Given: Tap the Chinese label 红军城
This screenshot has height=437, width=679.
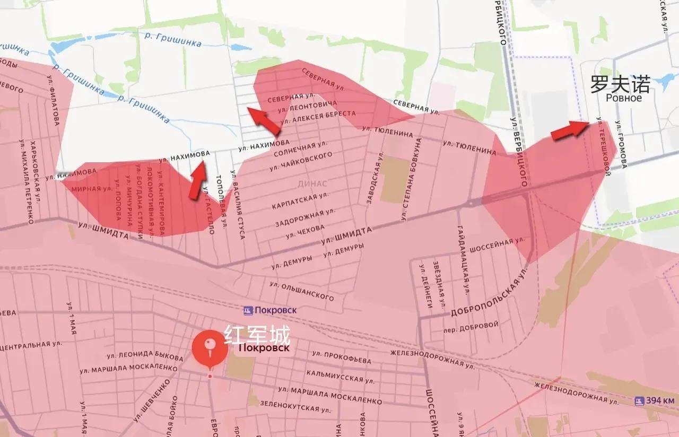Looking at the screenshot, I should coord(257,335).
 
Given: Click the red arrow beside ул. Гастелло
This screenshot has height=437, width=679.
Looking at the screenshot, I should coord(198,180).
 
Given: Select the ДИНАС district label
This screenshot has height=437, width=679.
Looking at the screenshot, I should coord(312,183).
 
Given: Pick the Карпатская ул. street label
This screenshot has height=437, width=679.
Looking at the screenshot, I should coord(300,201).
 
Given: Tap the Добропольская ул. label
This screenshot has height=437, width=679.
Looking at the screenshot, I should coord(490,294).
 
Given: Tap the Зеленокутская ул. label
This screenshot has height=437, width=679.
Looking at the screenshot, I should coord(289,406).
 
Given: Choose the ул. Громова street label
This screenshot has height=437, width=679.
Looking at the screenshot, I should coord(620,145).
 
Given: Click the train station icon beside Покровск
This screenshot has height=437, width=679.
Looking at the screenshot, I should coord(248,310).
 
